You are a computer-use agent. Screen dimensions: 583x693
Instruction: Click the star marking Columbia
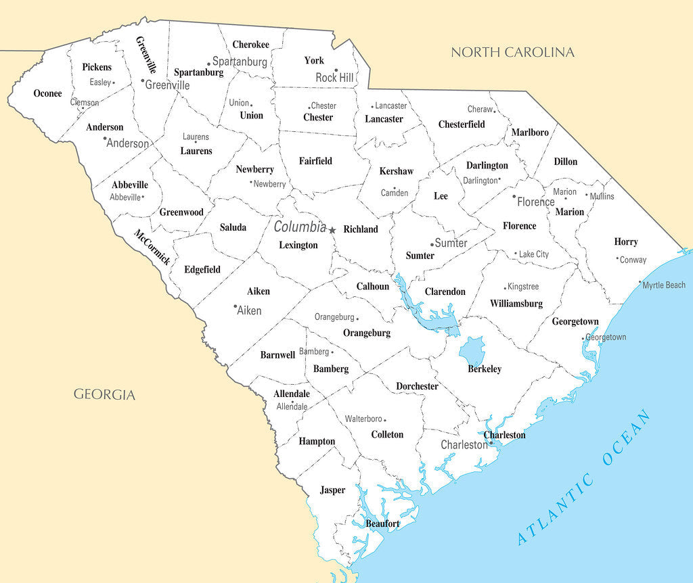click(x=332, y=230)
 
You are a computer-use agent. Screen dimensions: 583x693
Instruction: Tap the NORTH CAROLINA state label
click(x=512, y=52)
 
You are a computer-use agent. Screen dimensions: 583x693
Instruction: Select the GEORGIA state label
click(x=104, y=394)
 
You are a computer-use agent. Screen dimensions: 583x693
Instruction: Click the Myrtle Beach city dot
click(x=640, y=283)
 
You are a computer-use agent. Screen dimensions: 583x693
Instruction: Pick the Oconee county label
click(x=47, y=93)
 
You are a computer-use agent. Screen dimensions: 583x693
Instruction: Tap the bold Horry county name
click(x=626, y=241)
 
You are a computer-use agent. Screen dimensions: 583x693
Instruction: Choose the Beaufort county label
click(x=382, y=523)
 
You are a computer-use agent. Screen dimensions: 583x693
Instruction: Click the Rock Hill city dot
click(x=336, y=70)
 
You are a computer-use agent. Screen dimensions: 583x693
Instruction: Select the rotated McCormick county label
click(x=152, y=248)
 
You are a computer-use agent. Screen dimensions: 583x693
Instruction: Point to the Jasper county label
click(x=332, y=490)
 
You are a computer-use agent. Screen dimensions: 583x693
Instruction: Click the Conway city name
click(x=633, y=260)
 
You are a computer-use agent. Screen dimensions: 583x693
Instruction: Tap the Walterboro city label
click(x=364, y=419)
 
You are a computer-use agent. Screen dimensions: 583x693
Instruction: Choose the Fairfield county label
click(x=315, y=161)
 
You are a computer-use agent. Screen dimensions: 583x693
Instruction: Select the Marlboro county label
click(x=530, y=133)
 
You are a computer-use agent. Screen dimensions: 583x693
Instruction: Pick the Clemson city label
click(x=85, y=103)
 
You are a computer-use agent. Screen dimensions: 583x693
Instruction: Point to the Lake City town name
click(x=534, y=254)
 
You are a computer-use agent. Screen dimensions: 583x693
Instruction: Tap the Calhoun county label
click(x=373, y=286)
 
